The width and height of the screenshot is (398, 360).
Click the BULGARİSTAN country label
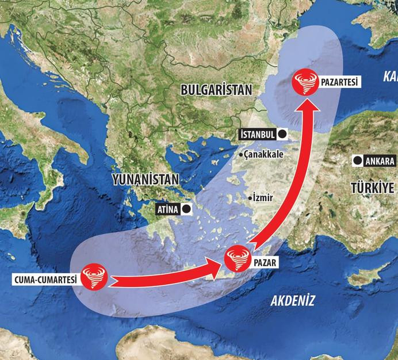(x=216, y=90)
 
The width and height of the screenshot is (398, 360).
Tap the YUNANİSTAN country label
(x=146, y=179)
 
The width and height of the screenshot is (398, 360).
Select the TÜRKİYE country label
(x=373, y=188)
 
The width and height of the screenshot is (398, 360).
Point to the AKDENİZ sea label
(x=293, y=300)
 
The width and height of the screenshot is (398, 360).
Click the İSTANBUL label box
(x=257, y=134)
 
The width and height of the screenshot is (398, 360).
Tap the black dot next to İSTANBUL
(x=283, y=134)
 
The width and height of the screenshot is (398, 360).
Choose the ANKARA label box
(x=380, y=161)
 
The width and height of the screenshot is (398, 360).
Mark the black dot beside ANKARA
(x=357, y=161)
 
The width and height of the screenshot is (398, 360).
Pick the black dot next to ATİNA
(x=186, y=209)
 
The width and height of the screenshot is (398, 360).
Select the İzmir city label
(x=260, y=197)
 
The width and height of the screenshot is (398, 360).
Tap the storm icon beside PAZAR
(x=238, y=259)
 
